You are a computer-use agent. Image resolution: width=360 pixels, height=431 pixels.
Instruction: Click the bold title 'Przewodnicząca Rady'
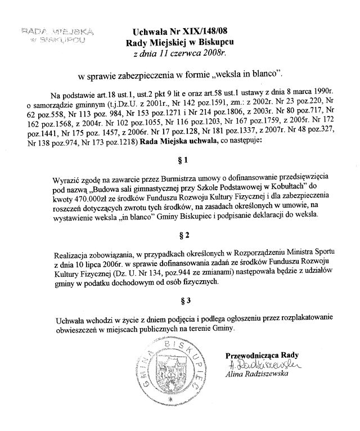pos(262,355)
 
